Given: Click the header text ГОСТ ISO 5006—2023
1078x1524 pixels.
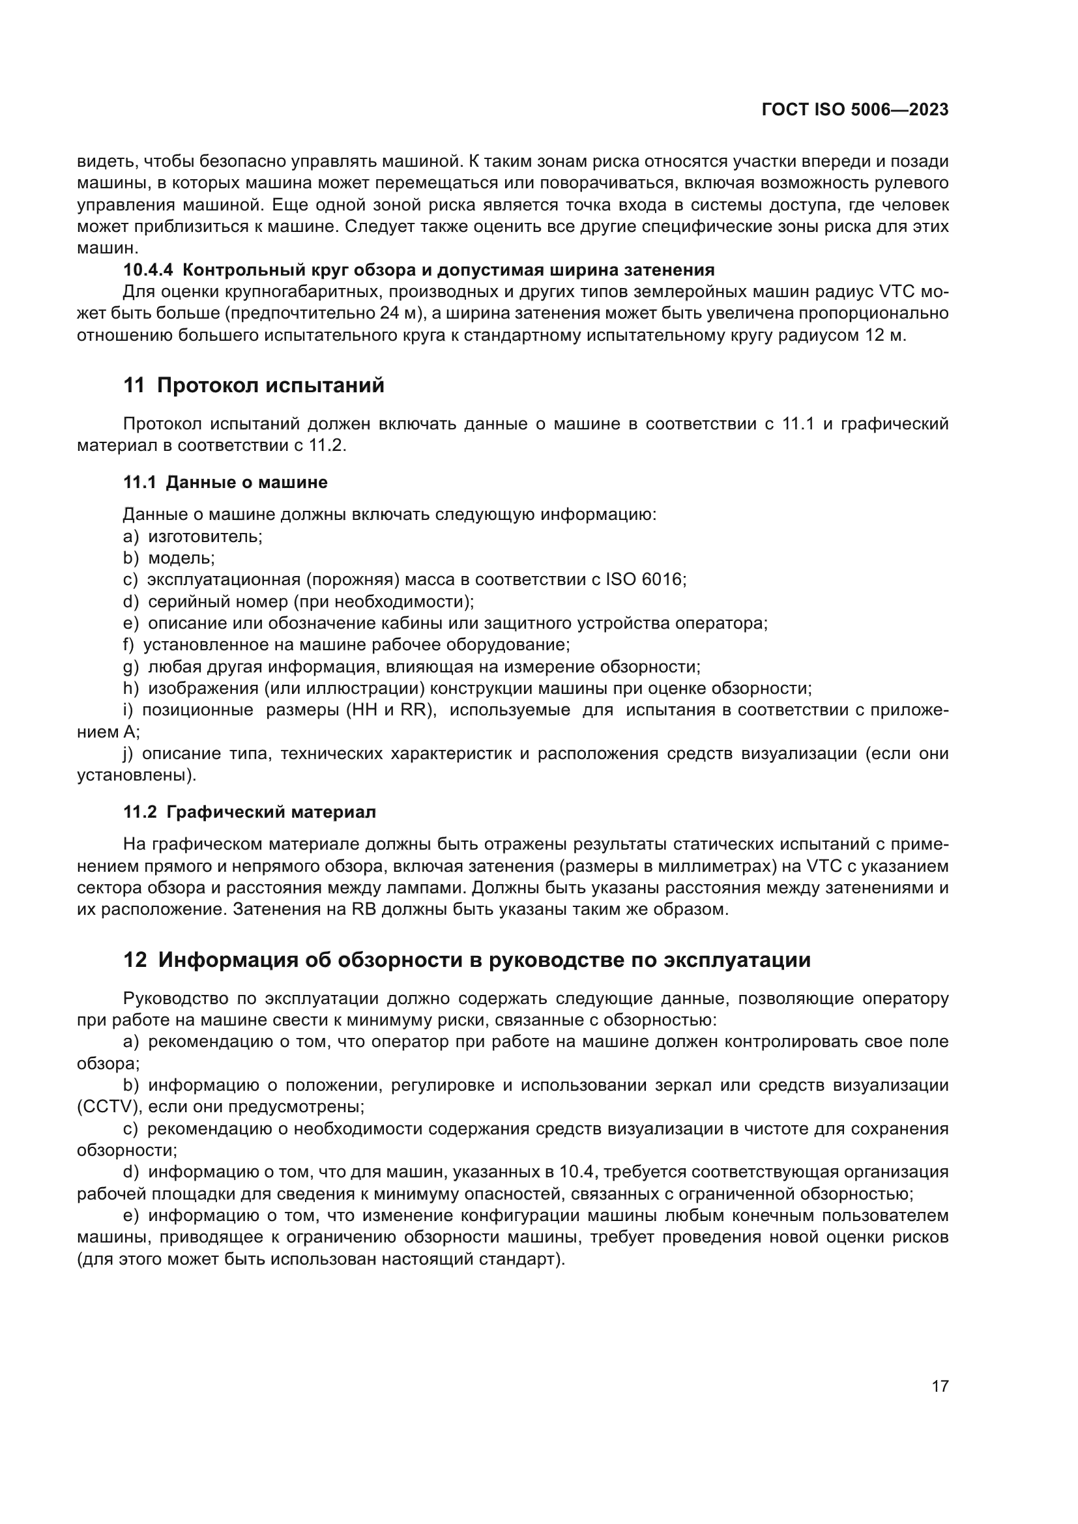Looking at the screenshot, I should coord(855,110).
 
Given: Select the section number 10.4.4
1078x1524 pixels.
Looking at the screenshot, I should coord(148,270).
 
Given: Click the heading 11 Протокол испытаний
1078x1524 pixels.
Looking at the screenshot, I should coord(254,385).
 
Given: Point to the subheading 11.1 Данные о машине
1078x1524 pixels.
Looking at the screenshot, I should coord(225,482).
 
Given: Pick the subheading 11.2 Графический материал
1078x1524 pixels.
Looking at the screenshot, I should coord(250,812).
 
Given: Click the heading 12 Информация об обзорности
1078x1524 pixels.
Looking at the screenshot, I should coord(467,960).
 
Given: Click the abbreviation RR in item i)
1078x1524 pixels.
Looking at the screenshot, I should coord(415,710).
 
